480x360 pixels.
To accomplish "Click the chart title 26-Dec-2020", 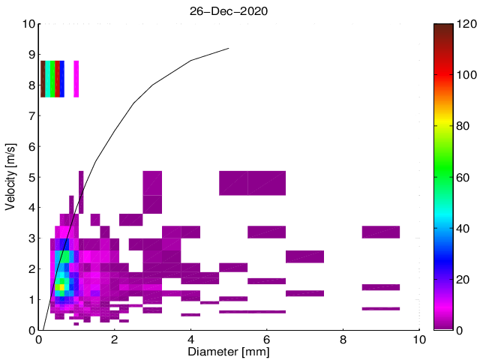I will pos(229,12).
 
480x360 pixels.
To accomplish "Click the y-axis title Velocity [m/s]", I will pos(11,177).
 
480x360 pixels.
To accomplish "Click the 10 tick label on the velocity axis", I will pos(27,24).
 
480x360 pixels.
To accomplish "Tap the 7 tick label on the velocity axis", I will pos(31,115).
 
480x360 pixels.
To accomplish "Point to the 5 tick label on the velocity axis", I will pos(31,177).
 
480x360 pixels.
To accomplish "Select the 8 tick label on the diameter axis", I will pos(343,340).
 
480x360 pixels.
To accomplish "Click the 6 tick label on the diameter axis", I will pos(267,340).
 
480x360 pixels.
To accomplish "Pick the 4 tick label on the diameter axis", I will pos(190,340).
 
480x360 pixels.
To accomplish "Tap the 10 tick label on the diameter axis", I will pos(419,340).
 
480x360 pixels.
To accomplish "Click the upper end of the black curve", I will pos(228,49).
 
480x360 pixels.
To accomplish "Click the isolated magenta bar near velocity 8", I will pos(76,79).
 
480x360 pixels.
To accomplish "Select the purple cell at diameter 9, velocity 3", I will pos(381,232).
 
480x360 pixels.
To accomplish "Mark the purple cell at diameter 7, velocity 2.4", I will pos(304,256).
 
